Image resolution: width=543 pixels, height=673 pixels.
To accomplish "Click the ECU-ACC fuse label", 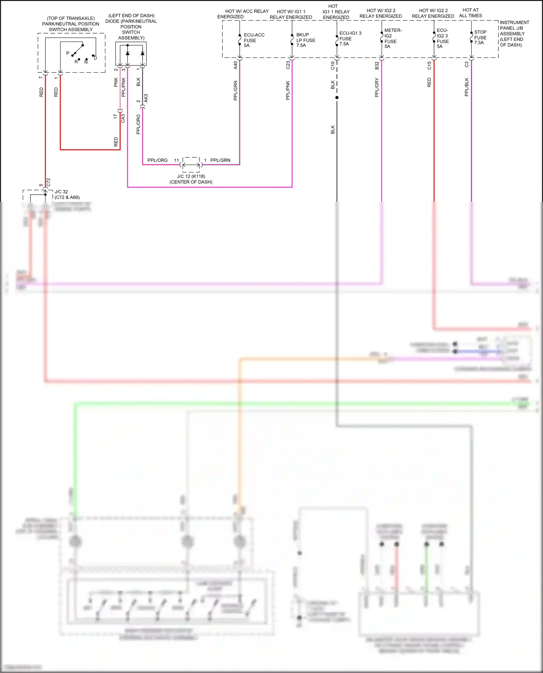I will tap(254, 40).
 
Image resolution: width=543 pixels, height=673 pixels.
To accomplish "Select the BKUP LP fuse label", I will tap(306, 40).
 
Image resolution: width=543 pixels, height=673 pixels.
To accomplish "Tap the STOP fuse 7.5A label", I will tap(480, 37).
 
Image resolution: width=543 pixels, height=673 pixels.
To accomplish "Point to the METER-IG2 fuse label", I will tap(393, 38).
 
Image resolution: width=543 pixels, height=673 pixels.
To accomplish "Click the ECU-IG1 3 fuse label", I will tap(350, 38).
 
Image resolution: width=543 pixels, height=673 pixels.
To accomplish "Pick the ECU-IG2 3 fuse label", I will tap(442, 38).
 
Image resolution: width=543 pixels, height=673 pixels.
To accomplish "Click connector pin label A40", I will tap(235, 65).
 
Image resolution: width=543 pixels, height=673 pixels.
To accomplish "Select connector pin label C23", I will tap(288, 65).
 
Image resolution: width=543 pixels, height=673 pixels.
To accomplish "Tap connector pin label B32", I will tap(377, 65).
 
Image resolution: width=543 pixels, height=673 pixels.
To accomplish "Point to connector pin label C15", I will tap(429, 65).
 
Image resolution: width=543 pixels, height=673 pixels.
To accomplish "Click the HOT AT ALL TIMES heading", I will tap(470, 13).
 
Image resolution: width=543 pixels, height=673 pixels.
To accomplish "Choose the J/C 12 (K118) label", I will tap(191, 176).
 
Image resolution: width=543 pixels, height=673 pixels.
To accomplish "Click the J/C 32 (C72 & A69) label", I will tap(67, 195).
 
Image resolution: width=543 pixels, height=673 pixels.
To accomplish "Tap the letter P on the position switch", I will tap(68, 53).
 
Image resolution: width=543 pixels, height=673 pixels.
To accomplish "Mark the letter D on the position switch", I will tap(95, 58).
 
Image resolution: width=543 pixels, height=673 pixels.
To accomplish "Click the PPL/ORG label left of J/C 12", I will tap(157, 160).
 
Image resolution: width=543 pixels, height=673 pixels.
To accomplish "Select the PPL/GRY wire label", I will tap(377, 88).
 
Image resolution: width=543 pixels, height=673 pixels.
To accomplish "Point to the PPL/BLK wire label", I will tap(467, 87).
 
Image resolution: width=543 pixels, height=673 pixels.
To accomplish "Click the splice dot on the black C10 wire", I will tap(337, 98).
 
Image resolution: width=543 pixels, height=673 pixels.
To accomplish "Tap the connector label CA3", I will tap(123, 118).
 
